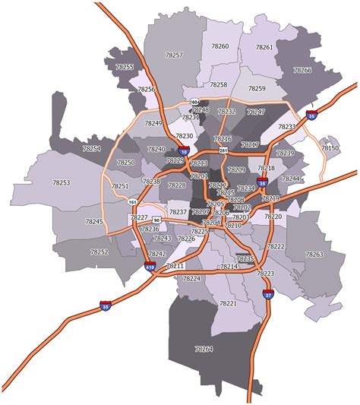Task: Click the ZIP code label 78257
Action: click(x=174, y=55)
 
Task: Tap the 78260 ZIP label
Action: click(x=219, y=46)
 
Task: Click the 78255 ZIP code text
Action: click(x=124, y=68)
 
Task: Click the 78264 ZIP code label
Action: click(x=204, y=349)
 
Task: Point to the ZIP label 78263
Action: click(x=314, y=254)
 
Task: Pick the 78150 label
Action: click(x=330, y=148)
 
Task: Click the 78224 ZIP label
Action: click(x=191, y=279)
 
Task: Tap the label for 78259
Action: click(x=257, y=89)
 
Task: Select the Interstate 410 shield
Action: click(x=149, y=266)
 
